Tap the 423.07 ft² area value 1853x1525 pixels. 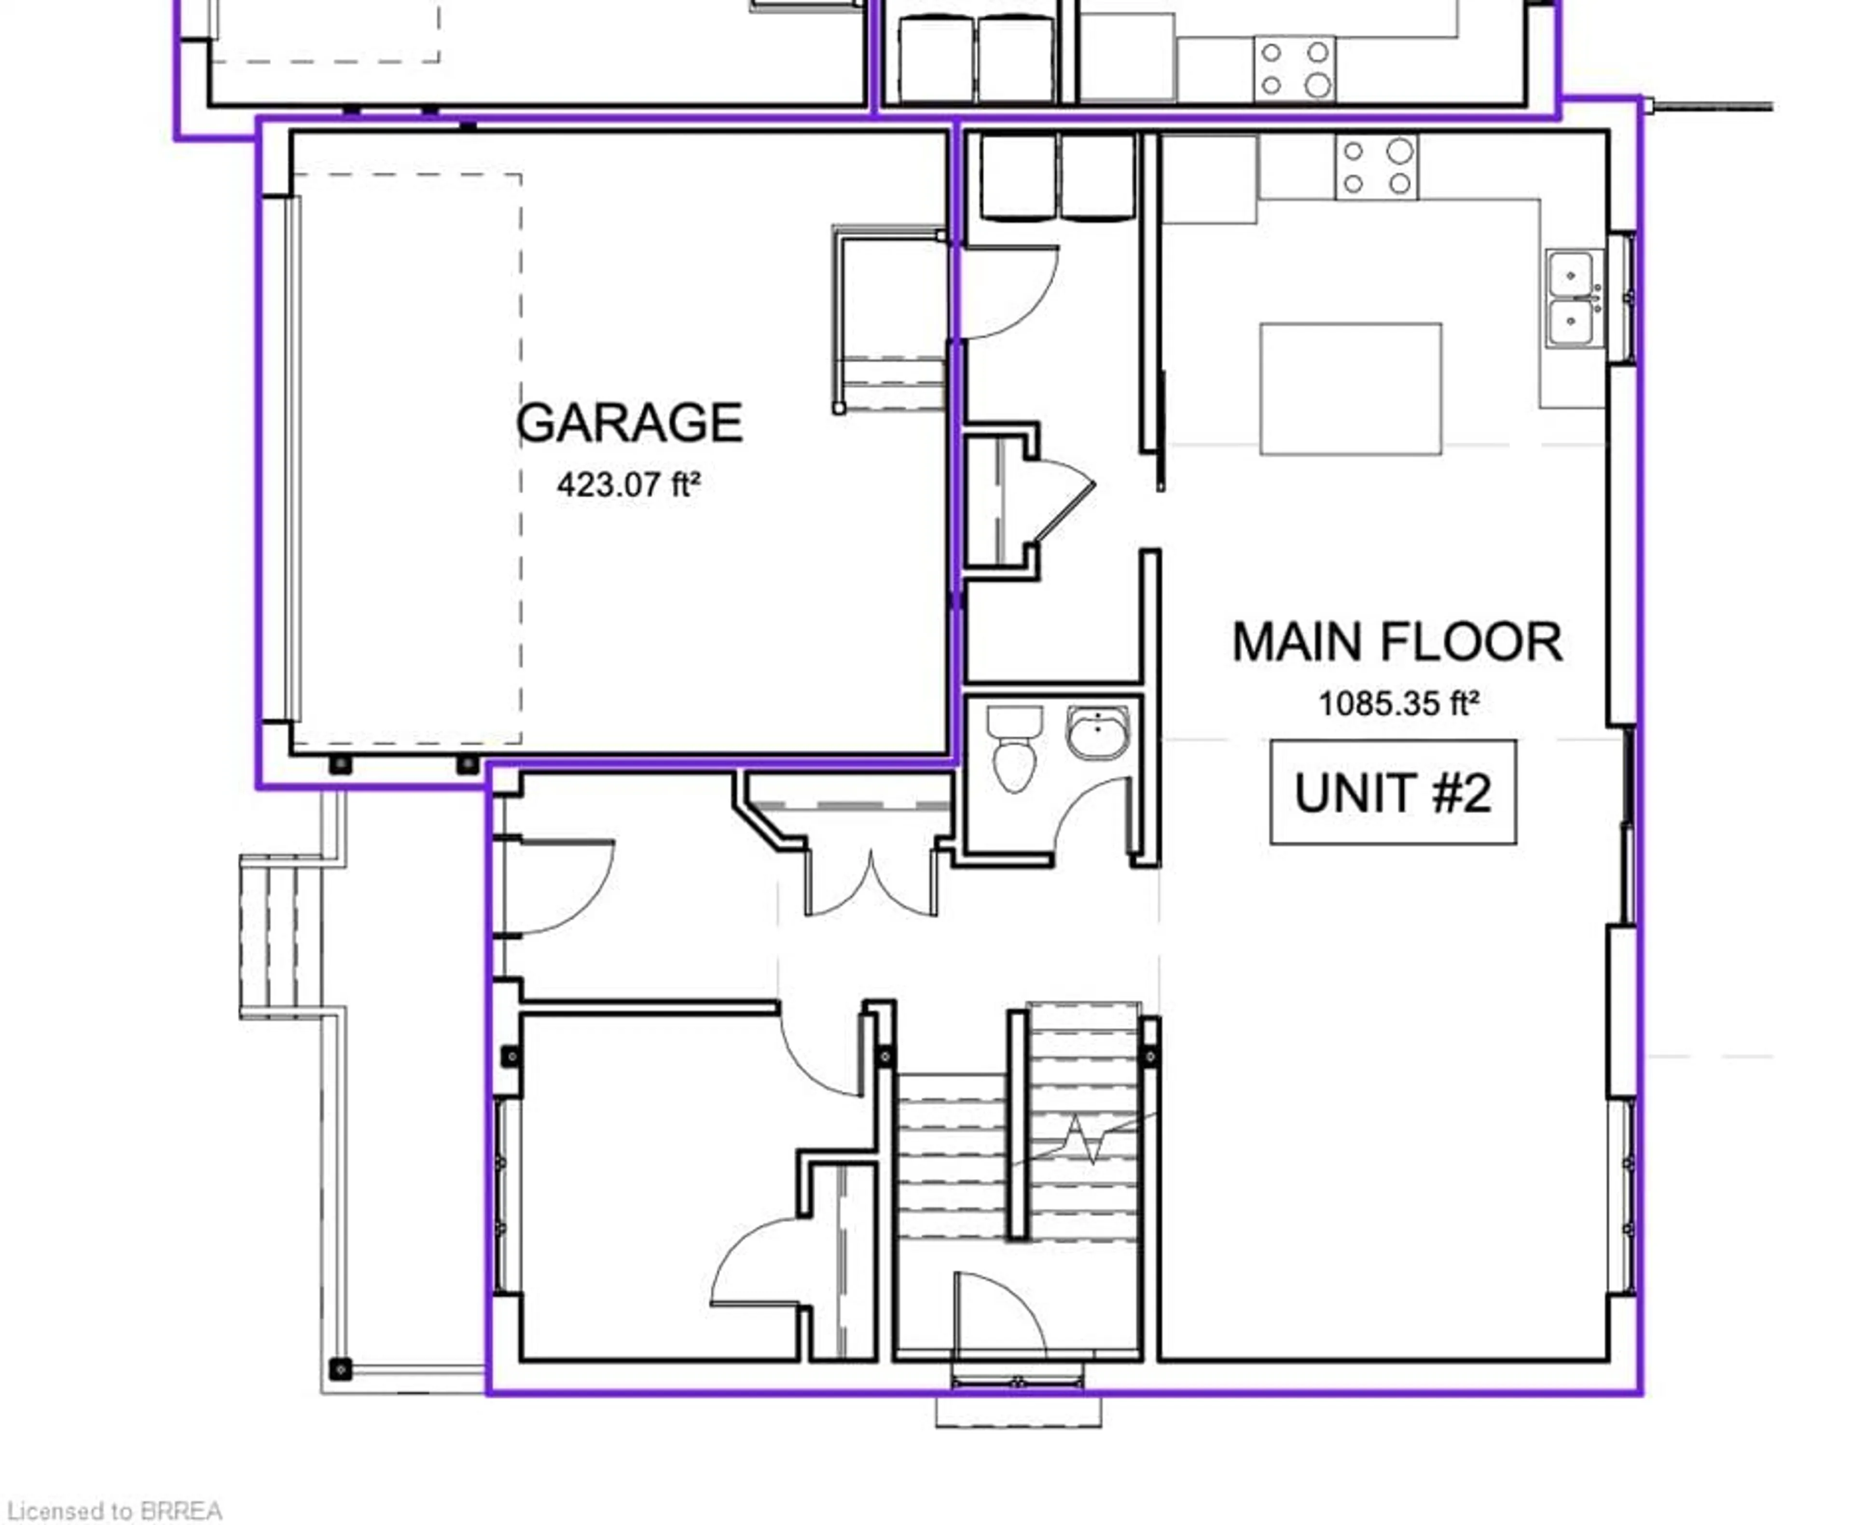click(x=629, y=484)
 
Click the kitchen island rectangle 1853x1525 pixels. click(x=1351, y=388)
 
